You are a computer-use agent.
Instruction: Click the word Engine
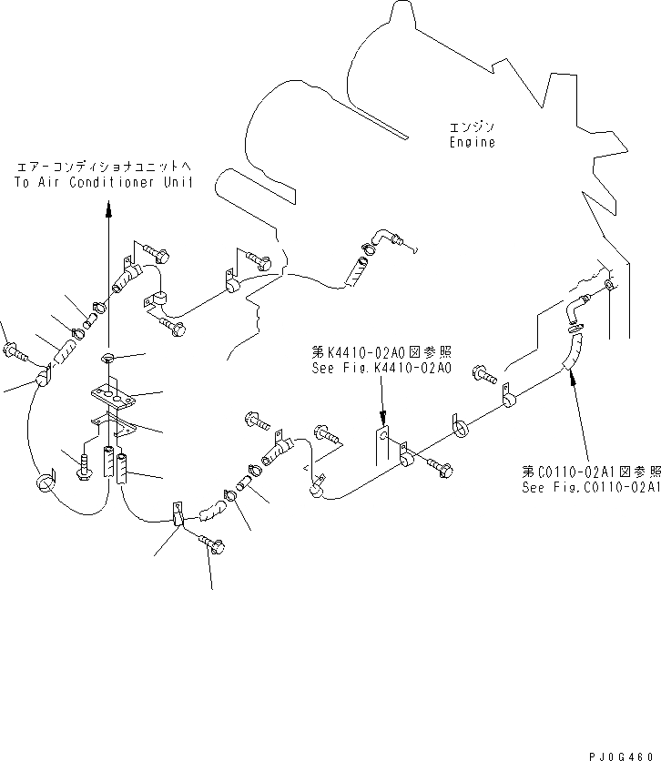(x=472, y=142)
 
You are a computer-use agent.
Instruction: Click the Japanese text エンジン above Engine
(x=472, y=127)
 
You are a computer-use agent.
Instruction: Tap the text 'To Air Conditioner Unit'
(x=105, y=182)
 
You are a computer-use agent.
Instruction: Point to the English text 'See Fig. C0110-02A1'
(x=591, y=487)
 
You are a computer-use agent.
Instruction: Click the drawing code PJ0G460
(x=625, y=752)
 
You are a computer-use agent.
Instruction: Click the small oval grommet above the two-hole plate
(x=107, y=357)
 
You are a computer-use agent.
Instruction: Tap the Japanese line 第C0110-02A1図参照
(x=589, y=472)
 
